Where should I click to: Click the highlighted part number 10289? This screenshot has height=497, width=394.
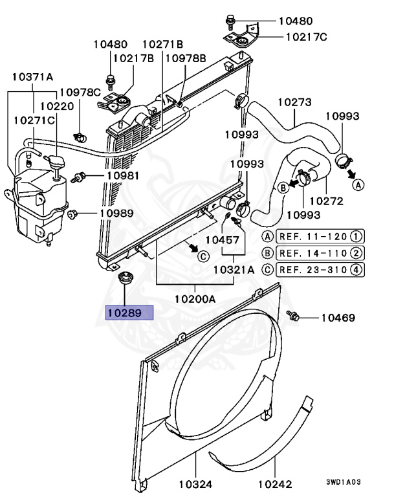point(129,313)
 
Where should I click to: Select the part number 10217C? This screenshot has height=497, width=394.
point(303,37)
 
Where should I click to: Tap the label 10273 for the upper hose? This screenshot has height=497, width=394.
point(295,102)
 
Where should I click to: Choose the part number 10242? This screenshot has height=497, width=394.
point(275,483)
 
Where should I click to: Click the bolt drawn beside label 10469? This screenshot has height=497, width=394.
point(292,316)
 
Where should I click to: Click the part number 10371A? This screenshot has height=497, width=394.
point(32,77)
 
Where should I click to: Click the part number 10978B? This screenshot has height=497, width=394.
point(185,58)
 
